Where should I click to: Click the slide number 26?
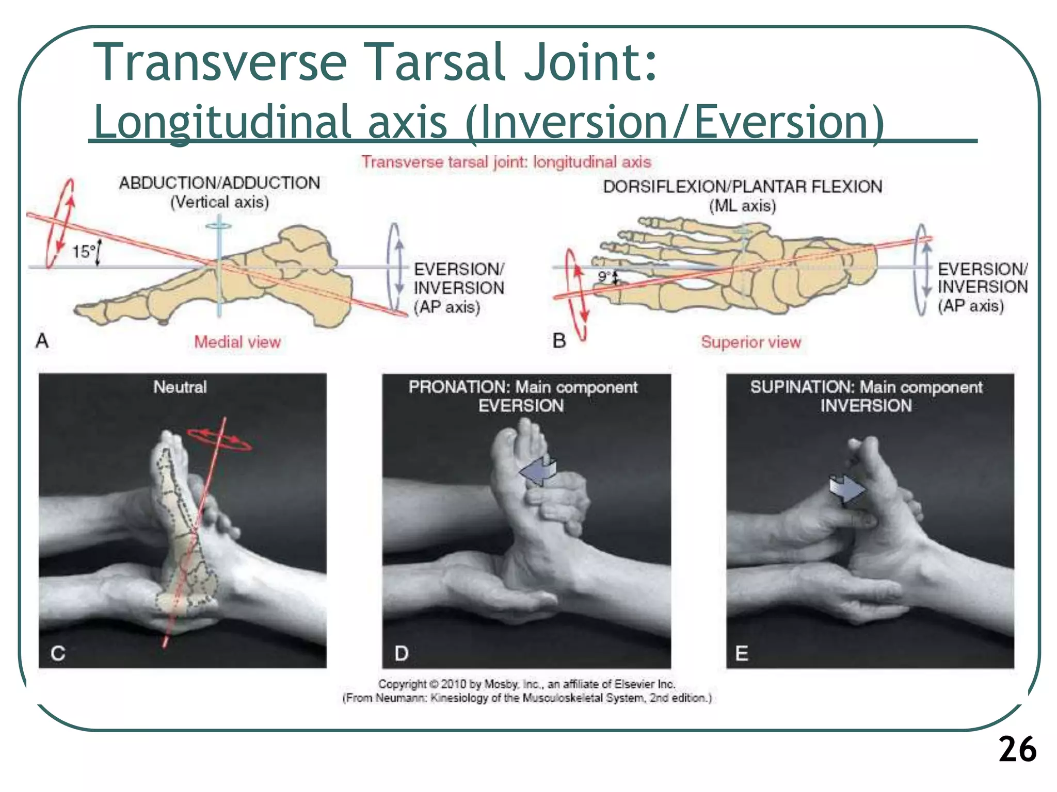tap(1017, 749)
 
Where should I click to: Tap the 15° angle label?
tap(83, 252)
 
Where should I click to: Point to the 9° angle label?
tap(604, 277)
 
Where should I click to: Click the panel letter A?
tap(42, 341)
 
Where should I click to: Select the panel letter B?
tap(559, 341)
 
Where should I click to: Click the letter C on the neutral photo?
tap(58, 653)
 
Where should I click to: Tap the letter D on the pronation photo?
tap(402, 653)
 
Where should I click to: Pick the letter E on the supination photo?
tap(742, 653)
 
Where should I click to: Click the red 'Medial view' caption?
tap(237, 342)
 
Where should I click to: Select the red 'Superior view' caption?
tap(750, 342)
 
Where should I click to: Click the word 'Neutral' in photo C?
tap(180, 387)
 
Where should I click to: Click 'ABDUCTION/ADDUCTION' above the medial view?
tap(219, 183)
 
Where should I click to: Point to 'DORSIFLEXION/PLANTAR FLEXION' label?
tap(742, 187)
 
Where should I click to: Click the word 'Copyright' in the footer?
tap(402, 684)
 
